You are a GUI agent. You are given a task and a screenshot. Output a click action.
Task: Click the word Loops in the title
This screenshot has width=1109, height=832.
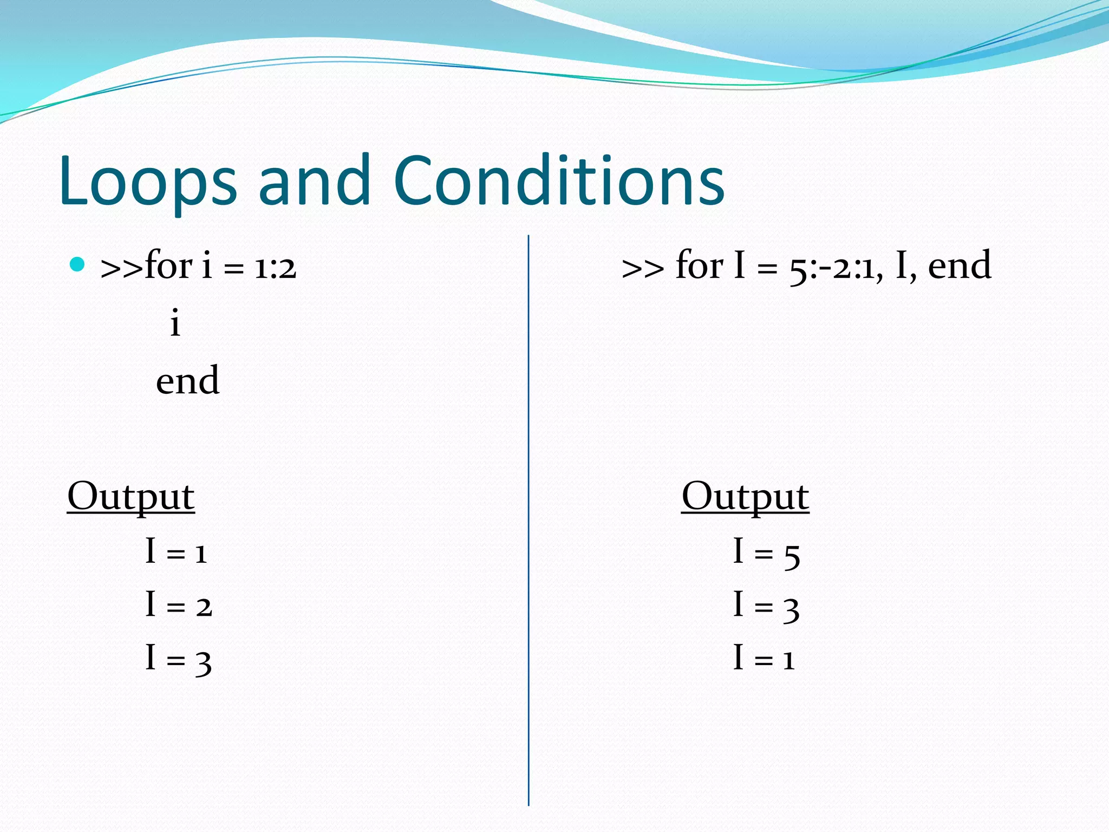(x=148, y=181)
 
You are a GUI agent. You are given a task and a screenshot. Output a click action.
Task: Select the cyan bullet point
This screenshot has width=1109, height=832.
(x=78, y=264)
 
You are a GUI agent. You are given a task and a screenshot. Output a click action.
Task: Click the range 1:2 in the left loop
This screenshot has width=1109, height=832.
(x=276, y=267)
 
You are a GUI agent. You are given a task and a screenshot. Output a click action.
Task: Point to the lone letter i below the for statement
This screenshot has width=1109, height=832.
(x=174, y=323)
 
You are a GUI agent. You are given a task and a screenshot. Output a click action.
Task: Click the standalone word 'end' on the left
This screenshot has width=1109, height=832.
(x=188, y=380)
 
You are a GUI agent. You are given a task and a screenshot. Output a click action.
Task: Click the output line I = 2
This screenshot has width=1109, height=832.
(x=179, y=605)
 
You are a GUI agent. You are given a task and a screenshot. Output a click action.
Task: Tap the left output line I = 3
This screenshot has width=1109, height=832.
(x=179, y=659)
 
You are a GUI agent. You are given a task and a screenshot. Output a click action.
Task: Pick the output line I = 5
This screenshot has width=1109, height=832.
(x=766, y=553)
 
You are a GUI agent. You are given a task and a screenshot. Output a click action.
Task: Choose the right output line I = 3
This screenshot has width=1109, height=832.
(x=766, y=606)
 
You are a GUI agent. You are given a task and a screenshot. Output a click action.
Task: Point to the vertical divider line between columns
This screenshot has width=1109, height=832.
(x=529, y=520)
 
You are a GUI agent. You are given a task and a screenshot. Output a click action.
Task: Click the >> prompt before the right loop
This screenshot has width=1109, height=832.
(x=643, y=268)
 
